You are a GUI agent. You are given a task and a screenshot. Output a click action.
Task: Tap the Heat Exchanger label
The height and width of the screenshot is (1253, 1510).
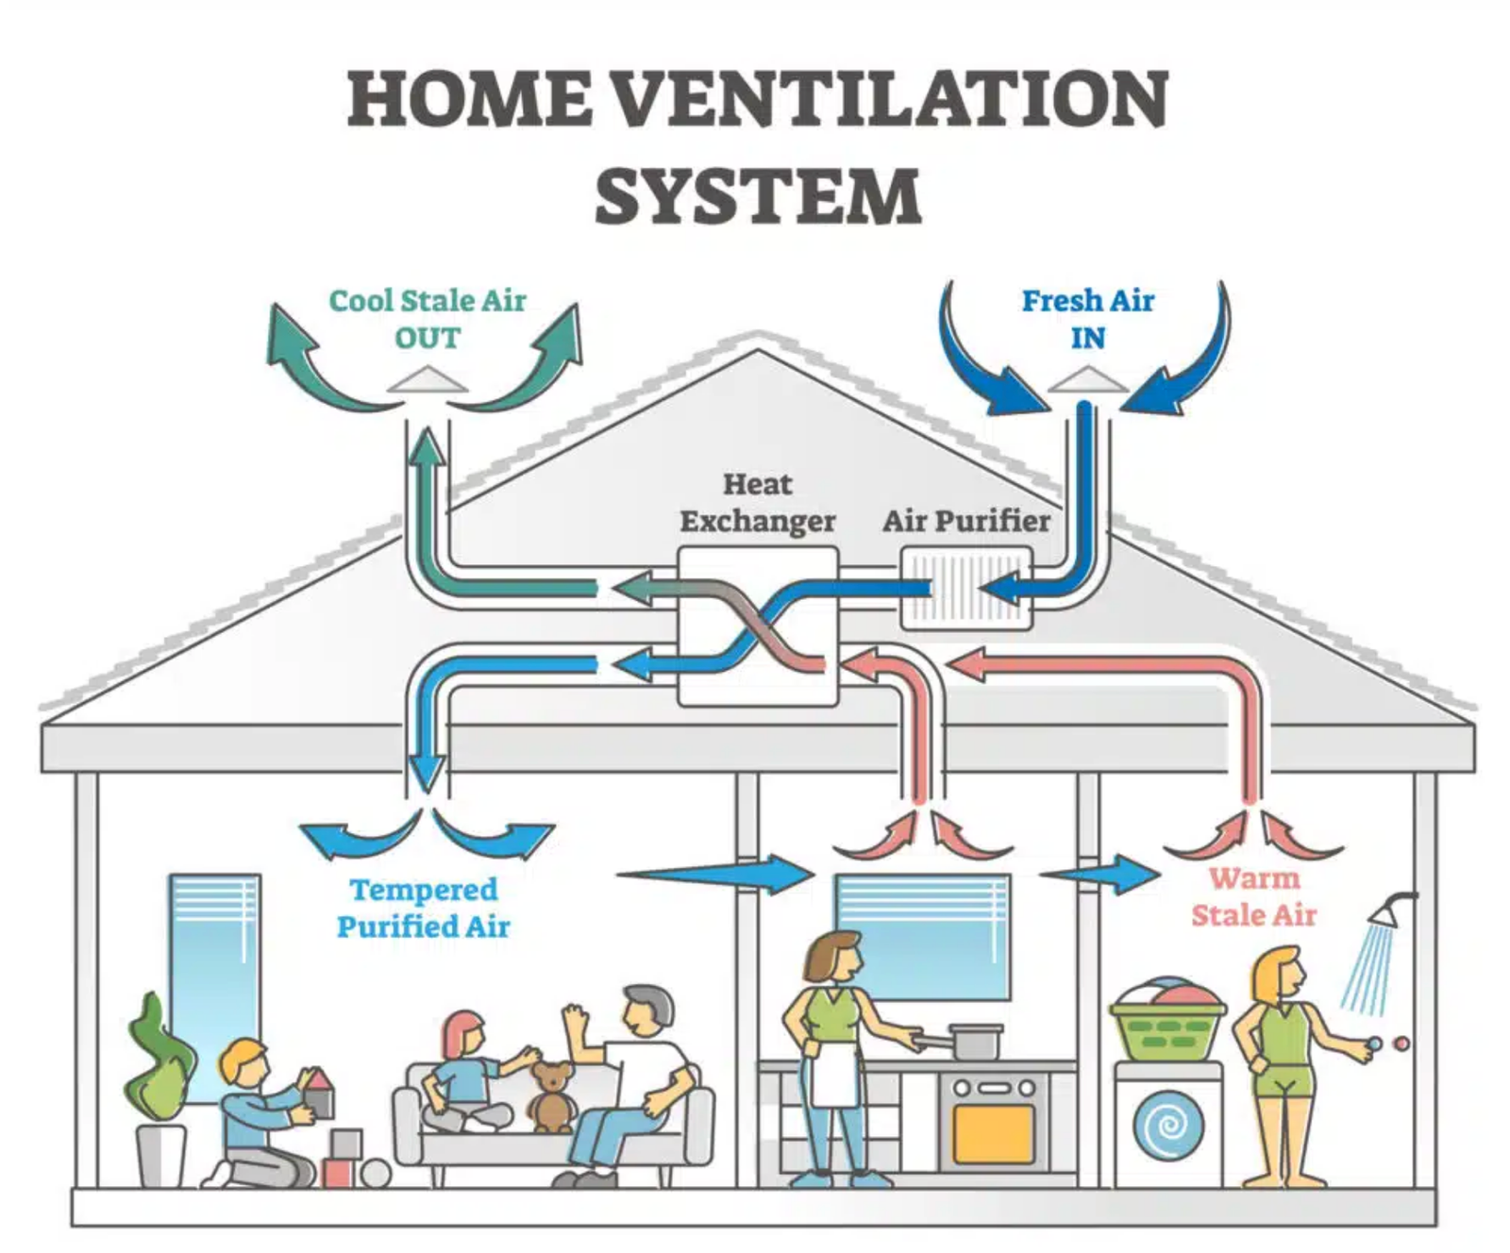click(x=757, y=503)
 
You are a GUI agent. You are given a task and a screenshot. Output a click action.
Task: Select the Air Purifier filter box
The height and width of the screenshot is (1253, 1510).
click(x=965, y=590)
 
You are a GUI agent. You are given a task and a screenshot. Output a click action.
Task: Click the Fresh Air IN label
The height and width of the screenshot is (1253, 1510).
click(x=1087, y=319)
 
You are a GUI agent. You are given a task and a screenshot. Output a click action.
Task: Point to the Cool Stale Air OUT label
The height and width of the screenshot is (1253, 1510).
click(x=427, y=319)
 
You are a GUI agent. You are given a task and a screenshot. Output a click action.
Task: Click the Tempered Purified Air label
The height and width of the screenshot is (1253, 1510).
click(x=423, y=908)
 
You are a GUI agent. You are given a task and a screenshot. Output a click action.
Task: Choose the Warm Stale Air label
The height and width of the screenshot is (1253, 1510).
click(x=1253, y=896)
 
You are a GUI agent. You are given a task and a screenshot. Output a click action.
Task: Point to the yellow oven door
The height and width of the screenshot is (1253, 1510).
click(x=993, y=1132)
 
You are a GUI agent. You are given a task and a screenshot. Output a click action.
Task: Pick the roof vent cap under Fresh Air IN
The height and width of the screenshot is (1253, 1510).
click(x=1087, y=380)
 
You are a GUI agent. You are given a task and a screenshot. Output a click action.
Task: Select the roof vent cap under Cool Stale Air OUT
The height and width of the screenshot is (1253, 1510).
click(x=427, y=380)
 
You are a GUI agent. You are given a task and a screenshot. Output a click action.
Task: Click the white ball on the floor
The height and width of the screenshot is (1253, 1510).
click(x=376, y=1174)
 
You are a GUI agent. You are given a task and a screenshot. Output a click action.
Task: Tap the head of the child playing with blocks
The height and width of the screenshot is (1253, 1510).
click(x=243, y=1061)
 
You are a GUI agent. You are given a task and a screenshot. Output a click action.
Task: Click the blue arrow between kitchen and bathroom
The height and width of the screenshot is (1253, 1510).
click(x=1104, y=874)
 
